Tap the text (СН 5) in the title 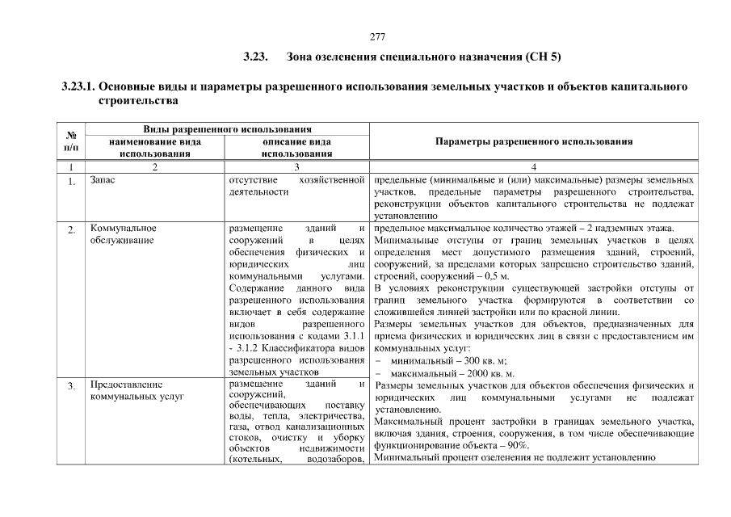tap(541, 58)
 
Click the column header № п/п tap(71, 141)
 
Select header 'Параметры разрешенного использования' tap(533, 141)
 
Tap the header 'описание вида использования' tap(296, 147)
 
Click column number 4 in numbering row tap(533, 166)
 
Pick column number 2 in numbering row tap(154, 166)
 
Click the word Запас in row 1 tap(103, 179)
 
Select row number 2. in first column tap(71, 230)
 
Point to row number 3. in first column tap(71, 386)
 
